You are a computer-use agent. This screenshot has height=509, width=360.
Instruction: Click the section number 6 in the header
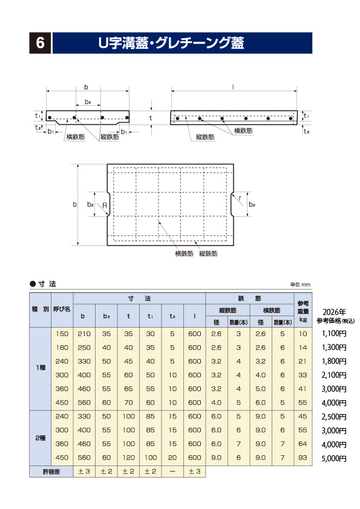coord(41,43)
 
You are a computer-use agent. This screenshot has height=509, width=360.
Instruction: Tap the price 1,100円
coord(335,334)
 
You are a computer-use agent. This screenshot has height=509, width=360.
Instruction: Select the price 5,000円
coord(335,458)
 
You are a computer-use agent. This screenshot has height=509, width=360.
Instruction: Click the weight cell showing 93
coord(303,458)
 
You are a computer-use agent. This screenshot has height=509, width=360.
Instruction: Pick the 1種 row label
coord(40,369)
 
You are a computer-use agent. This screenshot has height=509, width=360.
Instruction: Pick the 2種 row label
coord(40,437)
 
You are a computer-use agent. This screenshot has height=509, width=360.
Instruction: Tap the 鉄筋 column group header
coord(250,298)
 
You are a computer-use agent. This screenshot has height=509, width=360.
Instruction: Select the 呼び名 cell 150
coord(62,334)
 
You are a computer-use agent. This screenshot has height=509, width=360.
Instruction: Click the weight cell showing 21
coord(303,361)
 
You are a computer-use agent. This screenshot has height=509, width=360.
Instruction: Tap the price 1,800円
coord(335,361)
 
